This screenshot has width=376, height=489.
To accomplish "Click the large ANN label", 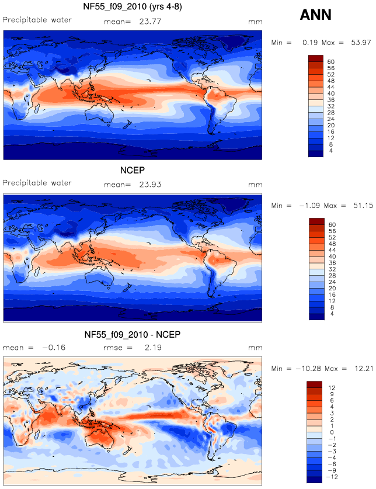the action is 315,15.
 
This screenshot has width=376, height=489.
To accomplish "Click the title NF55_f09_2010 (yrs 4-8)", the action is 133,6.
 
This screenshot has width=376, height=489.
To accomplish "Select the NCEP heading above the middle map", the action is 133,170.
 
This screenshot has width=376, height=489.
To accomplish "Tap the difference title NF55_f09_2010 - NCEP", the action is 133,335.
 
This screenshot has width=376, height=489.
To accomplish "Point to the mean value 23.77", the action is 150,22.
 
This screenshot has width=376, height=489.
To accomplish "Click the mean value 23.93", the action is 150,185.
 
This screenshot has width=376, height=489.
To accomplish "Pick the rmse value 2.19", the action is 153,348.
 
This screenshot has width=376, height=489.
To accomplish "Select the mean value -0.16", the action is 54,348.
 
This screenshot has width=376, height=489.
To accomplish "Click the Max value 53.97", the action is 361,43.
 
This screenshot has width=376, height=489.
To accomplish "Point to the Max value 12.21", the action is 364,369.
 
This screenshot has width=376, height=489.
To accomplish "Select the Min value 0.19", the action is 310,43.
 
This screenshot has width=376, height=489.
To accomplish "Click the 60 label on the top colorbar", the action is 331,62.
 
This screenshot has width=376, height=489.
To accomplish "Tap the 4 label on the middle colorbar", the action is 332,314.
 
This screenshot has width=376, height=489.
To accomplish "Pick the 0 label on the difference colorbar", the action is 332,432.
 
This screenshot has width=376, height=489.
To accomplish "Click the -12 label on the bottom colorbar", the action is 332,477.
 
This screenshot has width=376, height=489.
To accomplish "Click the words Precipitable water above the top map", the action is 37,20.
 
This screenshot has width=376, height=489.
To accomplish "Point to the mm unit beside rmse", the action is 255,348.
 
